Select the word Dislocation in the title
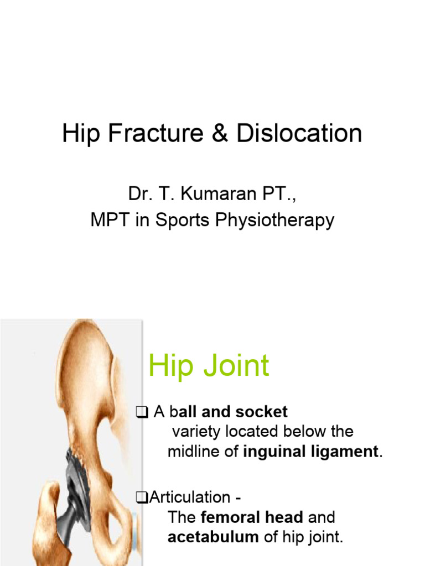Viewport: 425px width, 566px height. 299,134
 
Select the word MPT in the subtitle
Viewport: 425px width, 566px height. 107,221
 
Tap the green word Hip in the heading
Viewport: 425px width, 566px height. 169,365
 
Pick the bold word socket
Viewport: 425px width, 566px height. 261,412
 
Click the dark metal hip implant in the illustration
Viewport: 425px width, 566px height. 77,486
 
